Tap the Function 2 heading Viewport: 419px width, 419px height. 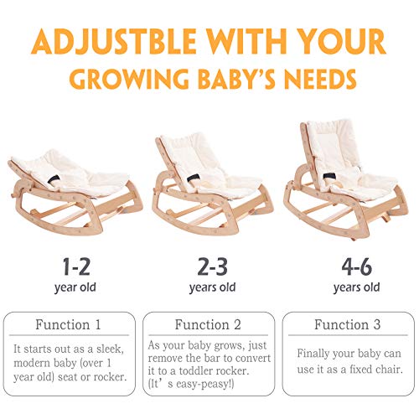(x=209, y=324)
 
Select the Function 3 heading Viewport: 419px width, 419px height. (x=348, y=324)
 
